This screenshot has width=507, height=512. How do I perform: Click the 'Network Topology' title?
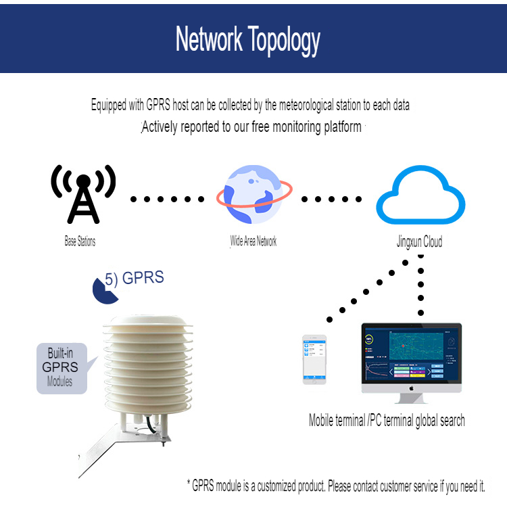(x=248, y=40)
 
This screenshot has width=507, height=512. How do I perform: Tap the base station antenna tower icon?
(x=83, y=194)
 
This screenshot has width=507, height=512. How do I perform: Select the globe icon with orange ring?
(x=254, y=194)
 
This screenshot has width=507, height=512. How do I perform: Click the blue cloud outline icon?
(x=420, y=195)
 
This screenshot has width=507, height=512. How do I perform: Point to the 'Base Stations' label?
(x=80, y=241)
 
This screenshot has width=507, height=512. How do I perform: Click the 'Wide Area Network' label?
(x=254, y=241)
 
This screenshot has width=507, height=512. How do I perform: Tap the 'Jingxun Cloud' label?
(x=420, y=242)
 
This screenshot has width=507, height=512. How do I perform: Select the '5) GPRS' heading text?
(x=135, y=278)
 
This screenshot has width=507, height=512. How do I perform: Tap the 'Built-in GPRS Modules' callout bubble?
(x=62, y=369)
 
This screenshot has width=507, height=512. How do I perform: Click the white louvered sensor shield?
(x=148, y=365)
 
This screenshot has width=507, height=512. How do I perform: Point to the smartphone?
(x=314, y=359)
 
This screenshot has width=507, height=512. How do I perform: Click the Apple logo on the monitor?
(x=412, y=388)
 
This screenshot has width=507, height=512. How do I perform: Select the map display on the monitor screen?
(x=416, y=346)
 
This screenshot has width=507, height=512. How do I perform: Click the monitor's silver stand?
(x=411, y=398)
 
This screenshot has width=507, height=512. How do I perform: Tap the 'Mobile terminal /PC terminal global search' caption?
(x=387, y=420)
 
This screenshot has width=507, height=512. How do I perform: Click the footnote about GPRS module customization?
(x=336, y=486)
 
